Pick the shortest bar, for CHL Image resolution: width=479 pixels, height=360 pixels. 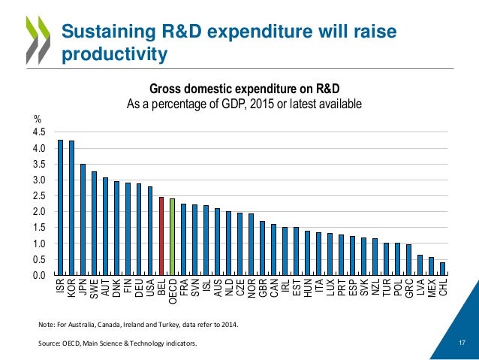point(442,268)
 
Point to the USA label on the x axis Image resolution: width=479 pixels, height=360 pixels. point(150,288)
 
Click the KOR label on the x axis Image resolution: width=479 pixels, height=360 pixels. point(71,288)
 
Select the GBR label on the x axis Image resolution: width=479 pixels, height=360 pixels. point(261,288)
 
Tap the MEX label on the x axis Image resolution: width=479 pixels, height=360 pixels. point(431,288)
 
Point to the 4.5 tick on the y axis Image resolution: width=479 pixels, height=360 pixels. point(40,132)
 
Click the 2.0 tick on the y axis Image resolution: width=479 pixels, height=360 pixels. point(40,212)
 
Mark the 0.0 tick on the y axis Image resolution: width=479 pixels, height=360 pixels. point(40,276)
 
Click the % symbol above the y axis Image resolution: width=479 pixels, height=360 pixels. point(37,118)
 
